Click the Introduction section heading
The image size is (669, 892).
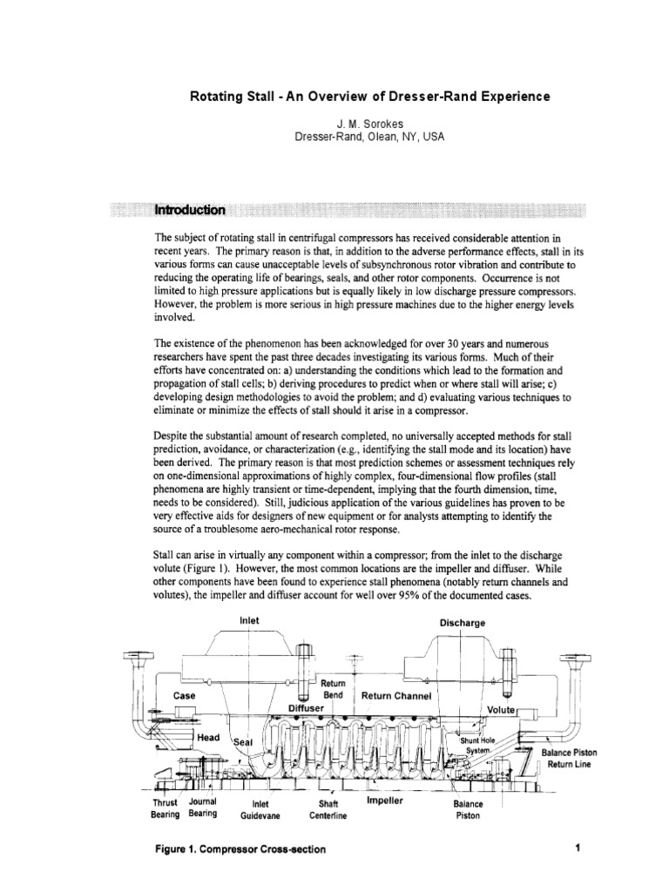coord(190,210)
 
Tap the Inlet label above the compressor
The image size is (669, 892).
coord(250,620)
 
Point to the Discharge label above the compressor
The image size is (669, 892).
coord(462,624)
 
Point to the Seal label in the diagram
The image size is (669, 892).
coord(242,742)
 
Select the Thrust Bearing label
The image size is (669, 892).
coord(166,808)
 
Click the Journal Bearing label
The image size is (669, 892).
coord(206,808)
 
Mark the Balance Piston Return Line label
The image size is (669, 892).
coord(569,758)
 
